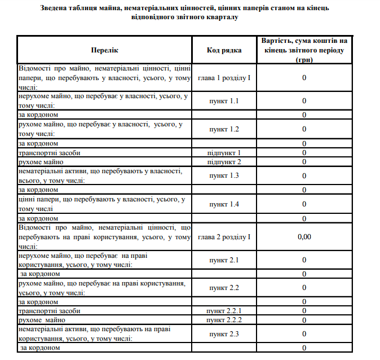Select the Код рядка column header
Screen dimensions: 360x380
(224, 50)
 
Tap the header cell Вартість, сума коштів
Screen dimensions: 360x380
(304, 50)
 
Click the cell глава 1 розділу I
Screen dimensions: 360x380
(224, 77)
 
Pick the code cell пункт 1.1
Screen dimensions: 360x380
(224, 101)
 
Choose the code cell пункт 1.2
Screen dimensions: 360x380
(224, 129)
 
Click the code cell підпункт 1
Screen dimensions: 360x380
(224, 152)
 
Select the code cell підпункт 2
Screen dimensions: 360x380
(224, 162)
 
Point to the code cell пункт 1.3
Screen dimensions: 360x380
(224, 175)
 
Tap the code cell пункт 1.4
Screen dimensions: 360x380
(224, 204)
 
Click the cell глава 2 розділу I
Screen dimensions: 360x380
(224, 236)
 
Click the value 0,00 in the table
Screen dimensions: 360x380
(304, 236)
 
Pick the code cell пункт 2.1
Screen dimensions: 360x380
(224, 260)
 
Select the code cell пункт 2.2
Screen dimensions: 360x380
(224, 288)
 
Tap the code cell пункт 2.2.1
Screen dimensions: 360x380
(224, 311)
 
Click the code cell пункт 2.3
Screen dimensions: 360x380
(224, 334)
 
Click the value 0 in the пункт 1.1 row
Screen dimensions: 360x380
(304, 101)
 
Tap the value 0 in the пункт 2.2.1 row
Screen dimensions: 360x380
(304, 311)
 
